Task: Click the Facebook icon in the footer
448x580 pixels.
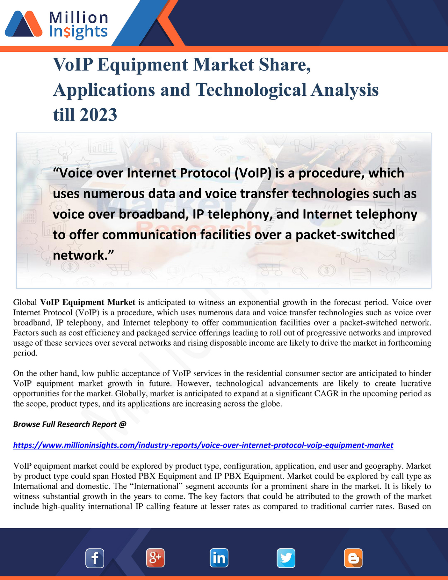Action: click(95, 558)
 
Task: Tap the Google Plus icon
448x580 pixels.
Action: click(155, 558)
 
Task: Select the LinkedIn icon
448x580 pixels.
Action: click(219, 558)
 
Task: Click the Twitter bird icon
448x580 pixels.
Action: click(286, 558)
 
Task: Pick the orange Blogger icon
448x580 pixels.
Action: click(353, 558)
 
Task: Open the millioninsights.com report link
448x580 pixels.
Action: click(203, 445)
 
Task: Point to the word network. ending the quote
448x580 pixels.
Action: click(83, 255)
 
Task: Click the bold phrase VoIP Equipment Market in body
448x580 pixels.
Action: click(88, 302)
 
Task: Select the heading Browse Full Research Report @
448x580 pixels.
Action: click(70, 424)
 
